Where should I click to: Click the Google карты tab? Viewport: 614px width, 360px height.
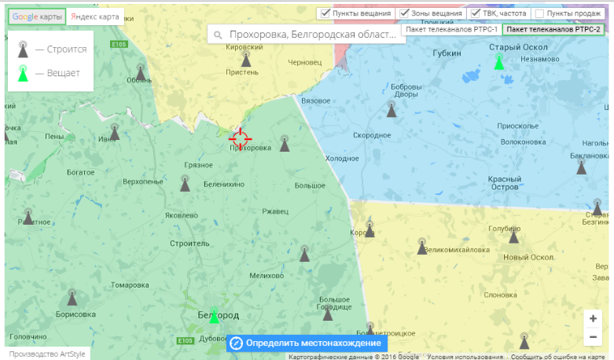coord(37,17)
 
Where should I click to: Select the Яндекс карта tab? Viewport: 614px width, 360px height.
coord(95,17)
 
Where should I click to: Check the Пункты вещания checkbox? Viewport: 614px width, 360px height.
coord(325,13)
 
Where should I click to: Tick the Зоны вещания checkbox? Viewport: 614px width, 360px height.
coord(404,13)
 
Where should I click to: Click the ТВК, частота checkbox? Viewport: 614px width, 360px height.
coord(476,13)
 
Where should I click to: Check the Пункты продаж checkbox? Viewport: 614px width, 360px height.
coord(539,13)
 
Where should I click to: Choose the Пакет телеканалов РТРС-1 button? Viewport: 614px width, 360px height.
coord(451,29)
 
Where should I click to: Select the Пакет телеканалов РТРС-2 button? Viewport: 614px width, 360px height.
coord(553,29)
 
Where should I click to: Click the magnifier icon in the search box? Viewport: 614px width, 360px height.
coord(218,35)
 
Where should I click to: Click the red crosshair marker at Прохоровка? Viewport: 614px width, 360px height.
coord(240,138)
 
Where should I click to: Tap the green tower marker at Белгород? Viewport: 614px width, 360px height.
coord(214,315)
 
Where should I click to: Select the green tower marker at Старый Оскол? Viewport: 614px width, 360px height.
coord(498,61)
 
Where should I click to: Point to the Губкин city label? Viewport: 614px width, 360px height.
coord(447,53)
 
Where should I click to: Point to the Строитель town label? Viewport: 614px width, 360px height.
coord(189,244)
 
